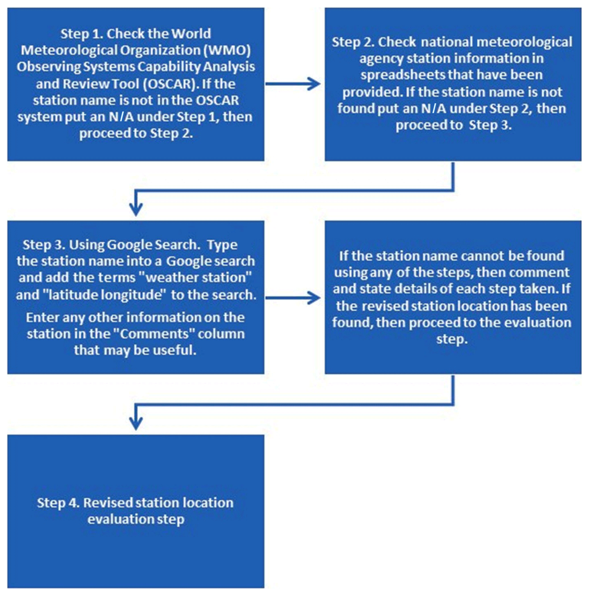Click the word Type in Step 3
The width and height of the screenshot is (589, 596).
pyautogui.click(x=222, y=245)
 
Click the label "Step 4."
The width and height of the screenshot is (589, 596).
pyautogui.click(x=58, y=503)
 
